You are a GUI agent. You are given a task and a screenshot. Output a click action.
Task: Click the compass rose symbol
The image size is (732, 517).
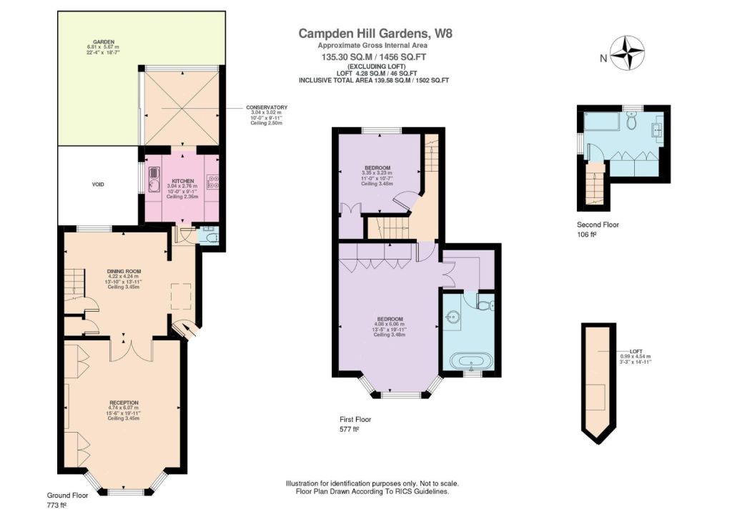pyautogui.click(x=628, y=53)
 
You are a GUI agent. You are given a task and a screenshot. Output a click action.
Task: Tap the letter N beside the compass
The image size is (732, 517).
pyautogui.click(x=603, y=59)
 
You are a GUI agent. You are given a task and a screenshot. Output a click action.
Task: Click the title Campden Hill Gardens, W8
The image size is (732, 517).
pyautogui.click(x=375, y=33)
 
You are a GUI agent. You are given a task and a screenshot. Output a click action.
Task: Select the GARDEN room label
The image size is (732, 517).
pyautogui.click(x=104, y=42)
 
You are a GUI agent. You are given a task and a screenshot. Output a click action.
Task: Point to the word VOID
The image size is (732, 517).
pyautogui.click(x=98, y=184)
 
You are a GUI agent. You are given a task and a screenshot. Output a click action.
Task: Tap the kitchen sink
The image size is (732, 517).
pyautogui.click(x=154, y=179)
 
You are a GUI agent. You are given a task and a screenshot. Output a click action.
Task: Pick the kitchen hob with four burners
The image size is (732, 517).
pyautogui.click(x=213, y=182)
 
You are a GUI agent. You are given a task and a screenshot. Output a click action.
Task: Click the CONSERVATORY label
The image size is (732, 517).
pyautogui.click(x=267, y=107)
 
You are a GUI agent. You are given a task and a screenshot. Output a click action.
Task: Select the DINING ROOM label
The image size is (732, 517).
pyautogui.click(x=124, y=271)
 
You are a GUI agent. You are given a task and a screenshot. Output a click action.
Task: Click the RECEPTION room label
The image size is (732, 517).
pyautogui.click(x=124, y=403)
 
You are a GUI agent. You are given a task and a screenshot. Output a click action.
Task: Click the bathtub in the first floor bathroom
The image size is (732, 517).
pyautogui.click(x=471, y=362)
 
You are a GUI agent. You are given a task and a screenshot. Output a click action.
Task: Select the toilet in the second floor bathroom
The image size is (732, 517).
pyautogui.click(x=632, y=122)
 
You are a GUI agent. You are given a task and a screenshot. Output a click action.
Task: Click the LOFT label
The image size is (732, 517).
pyautogui.click(x=635, y=352)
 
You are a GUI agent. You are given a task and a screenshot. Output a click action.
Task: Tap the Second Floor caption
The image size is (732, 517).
pyautogui.click(x=598, y=225)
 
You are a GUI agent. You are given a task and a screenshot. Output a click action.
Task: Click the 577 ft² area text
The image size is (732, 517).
pyautogui.click(x=349, y=429)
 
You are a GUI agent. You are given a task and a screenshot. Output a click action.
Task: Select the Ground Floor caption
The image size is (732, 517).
pyautogui.click(x=67, y=496)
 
